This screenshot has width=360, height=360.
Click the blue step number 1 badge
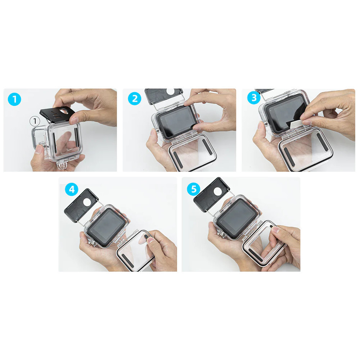[14, 99]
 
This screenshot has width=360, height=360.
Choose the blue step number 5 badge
[193, 189]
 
